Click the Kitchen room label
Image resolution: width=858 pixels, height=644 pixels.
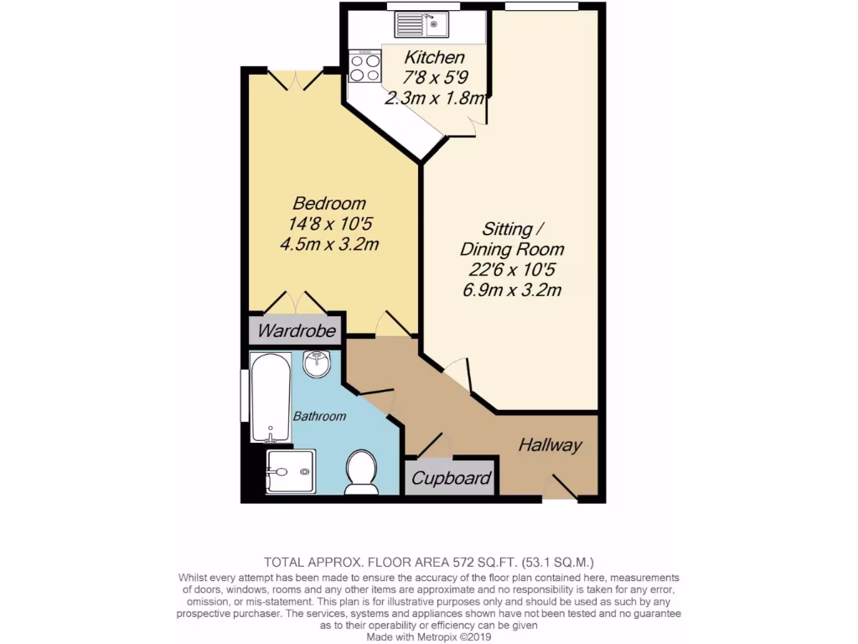point(434,58)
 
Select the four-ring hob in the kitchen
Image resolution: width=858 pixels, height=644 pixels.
point(365,66)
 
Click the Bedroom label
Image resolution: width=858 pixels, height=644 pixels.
point(329,204)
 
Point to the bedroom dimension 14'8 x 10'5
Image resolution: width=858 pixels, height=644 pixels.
point(329,224)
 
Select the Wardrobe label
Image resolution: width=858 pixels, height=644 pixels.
point(297,330)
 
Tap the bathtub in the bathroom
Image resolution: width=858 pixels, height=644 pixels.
point(271,397)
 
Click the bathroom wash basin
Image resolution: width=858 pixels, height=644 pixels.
point(317,364)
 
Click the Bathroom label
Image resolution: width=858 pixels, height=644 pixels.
point(319,416)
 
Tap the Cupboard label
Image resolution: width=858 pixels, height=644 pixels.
point(450,479)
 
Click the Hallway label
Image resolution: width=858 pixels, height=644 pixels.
point(550,445)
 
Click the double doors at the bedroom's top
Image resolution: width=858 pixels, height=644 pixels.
point(294,80)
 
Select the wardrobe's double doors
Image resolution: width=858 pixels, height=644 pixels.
point(295,303)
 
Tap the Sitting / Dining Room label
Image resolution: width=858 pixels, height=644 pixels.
point(511,239)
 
